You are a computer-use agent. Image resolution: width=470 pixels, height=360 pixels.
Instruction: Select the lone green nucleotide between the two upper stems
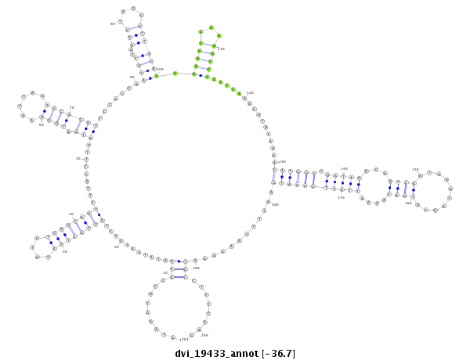click(x=175, y=74)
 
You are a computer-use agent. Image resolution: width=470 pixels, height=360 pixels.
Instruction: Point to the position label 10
click(x=165, y=272)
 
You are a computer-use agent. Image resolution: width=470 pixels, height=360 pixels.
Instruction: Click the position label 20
click(x=117, y=247)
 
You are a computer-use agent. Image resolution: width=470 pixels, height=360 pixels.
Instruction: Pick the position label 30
click(x=65, y=252)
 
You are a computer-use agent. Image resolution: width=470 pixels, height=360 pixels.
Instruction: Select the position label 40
click(x=71, y=214)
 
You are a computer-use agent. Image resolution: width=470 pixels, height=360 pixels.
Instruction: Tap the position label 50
click(x=78, y=159)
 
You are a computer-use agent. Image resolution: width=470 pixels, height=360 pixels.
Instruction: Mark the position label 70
click(x=72, y=108)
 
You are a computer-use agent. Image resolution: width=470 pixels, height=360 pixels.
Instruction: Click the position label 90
click(x=113, y=23)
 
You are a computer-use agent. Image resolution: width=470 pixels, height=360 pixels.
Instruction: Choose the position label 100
click(x=160, y=69)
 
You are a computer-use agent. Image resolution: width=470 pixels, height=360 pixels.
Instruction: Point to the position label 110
click(x=221, y=49)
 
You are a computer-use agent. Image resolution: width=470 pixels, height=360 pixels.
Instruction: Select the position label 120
click(x=251, y=92)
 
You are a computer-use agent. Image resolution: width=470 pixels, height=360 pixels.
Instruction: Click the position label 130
click(x=282, y=162)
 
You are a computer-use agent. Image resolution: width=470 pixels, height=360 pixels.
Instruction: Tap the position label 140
click(x=344, y=168)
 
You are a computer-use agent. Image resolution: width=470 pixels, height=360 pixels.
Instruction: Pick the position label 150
click(x=415, y=169)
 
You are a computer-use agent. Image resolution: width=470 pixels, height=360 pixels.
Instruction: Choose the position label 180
click(x=275, y=204)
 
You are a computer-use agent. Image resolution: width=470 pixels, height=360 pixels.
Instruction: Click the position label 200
click(x=204, y=335)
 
